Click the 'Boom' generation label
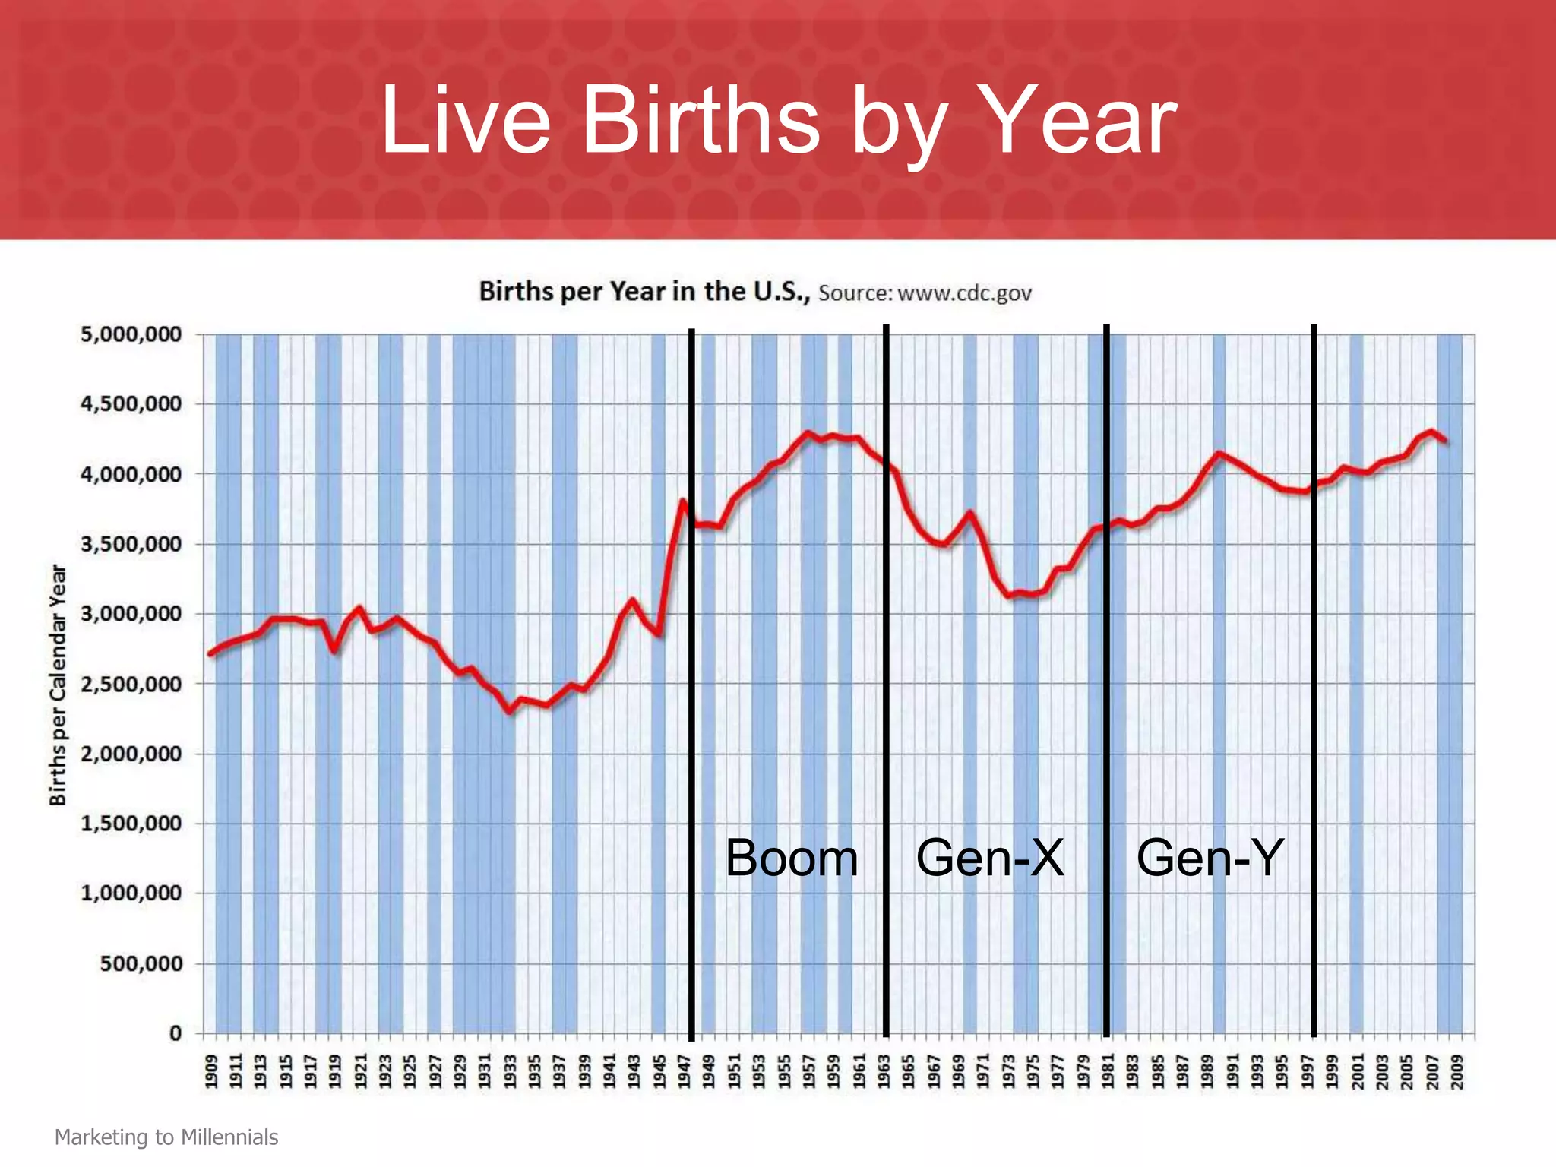(792, 859)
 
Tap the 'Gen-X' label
(989, 859)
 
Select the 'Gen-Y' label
(1210, 859)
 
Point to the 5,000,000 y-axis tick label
(131, 335)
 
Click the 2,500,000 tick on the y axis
(131, 685)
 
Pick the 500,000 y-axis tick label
(141, 964)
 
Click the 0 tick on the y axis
(176, 1033)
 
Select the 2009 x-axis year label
(1457, 1072)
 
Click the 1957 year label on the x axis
(809, 1072)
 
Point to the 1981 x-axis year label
(1108, 1072)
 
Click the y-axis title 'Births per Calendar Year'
(58, 685)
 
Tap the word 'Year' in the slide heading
(1080, 120)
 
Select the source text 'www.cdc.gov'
(964, 293)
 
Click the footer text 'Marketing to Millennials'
(166, 1137)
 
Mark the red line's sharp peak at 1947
(683, 501)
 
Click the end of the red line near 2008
(1444, 441)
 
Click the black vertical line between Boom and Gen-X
(886, 684)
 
